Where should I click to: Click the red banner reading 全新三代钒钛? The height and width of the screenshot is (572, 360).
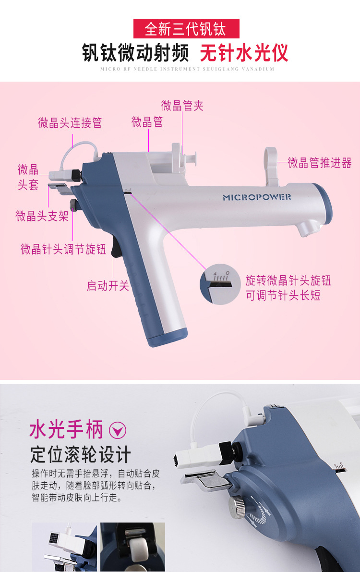(x=186, y=28)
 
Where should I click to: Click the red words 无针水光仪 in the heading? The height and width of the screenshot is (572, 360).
(x=244, y=53)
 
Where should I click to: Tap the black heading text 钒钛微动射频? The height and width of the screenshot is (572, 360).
(x=135, y=53)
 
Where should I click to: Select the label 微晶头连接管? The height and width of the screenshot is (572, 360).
(x=70, y=122)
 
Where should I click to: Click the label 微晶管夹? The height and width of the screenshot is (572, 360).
(x=182, y=106)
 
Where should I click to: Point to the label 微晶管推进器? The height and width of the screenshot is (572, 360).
(x=320, y=163)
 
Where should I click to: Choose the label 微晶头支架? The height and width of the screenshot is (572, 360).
(x=42, y=216)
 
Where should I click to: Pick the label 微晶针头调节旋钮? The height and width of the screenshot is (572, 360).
(x=63, y=249)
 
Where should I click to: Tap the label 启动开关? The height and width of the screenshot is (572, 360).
(x=108, y=285)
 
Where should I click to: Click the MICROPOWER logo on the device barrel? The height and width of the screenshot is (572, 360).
(x=257, y=197)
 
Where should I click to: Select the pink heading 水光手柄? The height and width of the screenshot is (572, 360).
(x=66, y=429)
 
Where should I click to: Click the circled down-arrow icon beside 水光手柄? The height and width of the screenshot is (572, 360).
(x=118, y=430)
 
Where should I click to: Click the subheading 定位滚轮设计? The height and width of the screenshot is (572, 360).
(x=81, y=454)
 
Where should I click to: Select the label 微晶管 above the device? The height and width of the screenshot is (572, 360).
(x=147, y=122)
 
